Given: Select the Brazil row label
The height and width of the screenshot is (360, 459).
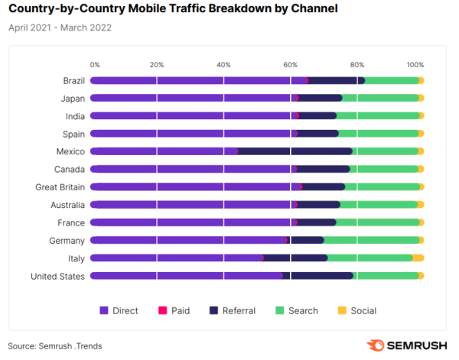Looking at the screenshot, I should tap(73, 80).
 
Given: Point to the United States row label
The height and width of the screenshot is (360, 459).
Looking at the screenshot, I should tap(57, 276).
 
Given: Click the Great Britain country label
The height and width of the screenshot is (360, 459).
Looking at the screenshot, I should tap(60, 187).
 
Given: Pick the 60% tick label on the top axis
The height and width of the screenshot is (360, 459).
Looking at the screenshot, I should tap(291, 65).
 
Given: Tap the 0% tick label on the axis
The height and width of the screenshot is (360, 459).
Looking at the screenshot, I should tap(95, 65).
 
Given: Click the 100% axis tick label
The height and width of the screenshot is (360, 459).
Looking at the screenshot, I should tap(415, 65).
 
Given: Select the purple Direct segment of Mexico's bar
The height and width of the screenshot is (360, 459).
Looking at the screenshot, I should tap(164, 151).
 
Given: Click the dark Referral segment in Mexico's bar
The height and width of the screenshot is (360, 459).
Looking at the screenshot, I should tap(295, 151).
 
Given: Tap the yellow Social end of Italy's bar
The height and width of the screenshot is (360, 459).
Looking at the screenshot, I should tap(418, 258).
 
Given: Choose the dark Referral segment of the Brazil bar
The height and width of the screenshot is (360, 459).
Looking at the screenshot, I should tap(336, 80).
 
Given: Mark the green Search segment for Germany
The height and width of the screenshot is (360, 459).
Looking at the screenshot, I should tap(371, 240).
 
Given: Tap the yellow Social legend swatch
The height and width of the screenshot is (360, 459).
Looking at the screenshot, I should tap(343, 310).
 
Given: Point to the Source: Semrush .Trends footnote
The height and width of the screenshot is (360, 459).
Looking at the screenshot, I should tap(55, 345).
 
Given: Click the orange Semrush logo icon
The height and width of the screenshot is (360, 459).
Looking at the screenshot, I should tap(376, 345).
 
